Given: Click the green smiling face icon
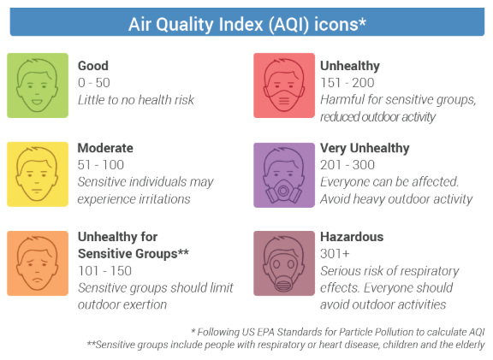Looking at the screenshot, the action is pos(38,86).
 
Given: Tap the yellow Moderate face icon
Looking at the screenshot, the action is pos(38,174).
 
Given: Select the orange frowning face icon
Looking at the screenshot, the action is pos(38,263).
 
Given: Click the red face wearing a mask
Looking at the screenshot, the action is pos(284,86).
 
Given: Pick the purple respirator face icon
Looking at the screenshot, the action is pos(284,175).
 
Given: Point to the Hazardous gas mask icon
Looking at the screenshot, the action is pos(284,263).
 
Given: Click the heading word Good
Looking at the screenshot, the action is pos(93,66).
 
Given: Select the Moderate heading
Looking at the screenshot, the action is pos(105,148).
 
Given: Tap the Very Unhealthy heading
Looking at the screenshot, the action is pos(365,148).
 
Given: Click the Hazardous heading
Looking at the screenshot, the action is pos(352,237).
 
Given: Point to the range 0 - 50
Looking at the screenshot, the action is pos(94,83).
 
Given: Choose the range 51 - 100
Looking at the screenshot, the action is pos(101,165).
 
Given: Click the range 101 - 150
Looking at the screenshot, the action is pos(104,271).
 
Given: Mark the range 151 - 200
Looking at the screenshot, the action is pos(347,83).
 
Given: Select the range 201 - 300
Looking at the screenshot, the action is pos(347,165).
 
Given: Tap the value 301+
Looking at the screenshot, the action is pos(335,254).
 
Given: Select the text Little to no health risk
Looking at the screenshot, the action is pos(136,100).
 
